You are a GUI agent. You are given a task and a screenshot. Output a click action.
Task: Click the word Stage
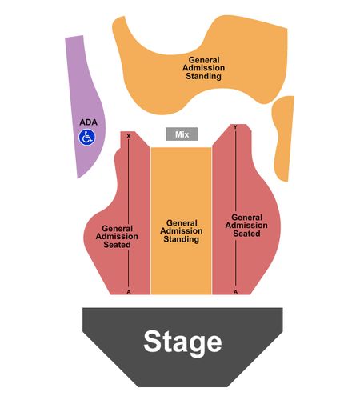182,342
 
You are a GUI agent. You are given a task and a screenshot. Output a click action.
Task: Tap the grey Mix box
182,134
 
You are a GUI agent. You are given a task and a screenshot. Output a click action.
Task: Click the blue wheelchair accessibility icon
87,138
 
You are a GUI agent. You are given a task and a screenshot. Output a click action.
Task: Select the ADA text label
88,122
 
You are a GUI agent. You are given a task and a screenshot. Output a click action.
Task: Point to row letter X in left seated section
129,136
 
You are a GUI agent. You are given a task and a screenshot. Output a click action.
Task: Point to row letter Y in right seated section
235,127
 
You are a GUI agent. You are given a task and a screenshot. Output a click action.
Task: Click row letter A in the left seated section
129,292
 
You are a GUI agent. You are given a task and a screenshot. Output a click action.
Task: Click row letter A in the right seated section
235,292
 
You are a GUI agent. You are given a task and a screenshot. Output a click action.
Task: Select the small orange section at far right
283,138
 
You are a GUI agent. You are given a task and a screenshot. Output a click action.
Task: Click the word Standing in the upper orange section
203,76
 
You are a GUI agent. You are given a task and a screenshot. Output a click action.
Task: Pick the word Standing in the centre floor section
182,239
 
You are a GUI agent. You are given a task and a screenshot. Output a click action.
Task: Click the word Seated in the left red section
117,245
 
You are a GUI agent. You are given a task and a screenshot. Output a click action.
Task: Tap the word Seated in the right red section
246,234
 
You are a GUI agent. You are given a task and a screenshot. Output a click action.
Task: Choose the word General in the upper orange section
204,60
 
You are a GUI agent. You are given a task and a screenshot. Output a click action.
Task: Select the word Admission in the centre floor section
182,231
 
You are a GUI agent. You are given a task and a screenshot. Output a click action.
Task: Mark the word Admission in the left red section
117,237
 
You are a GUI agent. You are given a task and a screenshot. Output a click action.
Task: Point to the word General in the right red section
247,218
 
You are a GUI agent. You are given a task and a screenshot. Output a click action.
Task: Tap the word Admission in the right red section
246,226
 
